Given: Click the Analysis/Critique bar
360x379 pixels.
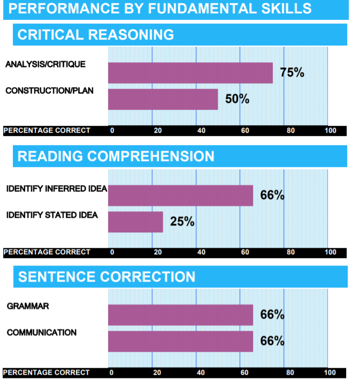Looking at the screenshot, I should pyautogui.click(x=190, y=73).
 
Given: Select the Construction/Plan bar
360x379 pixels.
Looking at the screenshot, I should pyautogui.click(x=163, y=99).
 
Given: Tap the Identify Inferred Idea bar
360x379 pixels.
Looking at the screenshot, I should pyautogui.click(x=180, y=195).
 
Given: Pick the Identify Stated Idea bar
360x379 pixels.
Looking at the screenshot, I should pyautogui.click(x=135, y=222).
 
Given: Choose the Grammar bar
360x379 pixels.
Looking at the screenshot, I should pyautogui.click(x=180, y=315).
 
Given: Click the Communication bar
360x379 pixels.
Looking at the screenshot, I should pyautogui.click(x=180, y=342).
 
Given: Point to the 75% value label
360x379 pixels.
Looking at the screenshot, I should pyautogui.click(x=292, y=73).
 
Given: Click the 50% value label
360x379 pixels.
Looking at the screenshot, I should pyautogui.click(x=237, y=99).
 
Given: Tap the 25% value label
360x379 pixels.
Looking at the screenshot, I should pyautogui.click(x=182, y=221).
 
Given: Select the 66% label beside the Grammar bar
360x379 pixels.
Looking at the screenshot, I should pyautogui.click(x=272, y=315).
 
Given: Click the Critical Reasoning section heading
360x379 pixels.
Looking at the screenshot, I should pyautogui.click(x=96, y=35).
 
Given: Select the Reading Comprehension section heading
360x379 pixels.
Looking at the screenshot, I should pyautogui.click(x=116, y=156).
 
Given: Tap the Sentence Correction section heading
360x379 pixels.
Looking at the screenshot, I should pyautogui.click(x=106, y=277).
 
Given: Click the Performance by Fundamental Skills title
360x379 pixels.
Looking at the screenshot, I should pyautogui.click(x=160, y=9).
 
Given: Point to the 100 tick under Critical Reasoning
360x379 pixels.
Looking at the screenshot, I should pyautogui.click(x=330, y=131).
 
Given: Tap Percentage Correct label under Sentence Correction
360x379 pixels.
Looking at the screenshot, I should pyautogui.click(x=47, y=373).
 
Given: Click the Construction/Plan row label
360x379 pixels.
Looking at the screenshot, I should pyautogui.click(x=49, y=90).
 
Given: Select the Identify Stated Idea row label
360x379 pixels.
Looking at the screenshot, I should pyautogui.click(x=52, y=215).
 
